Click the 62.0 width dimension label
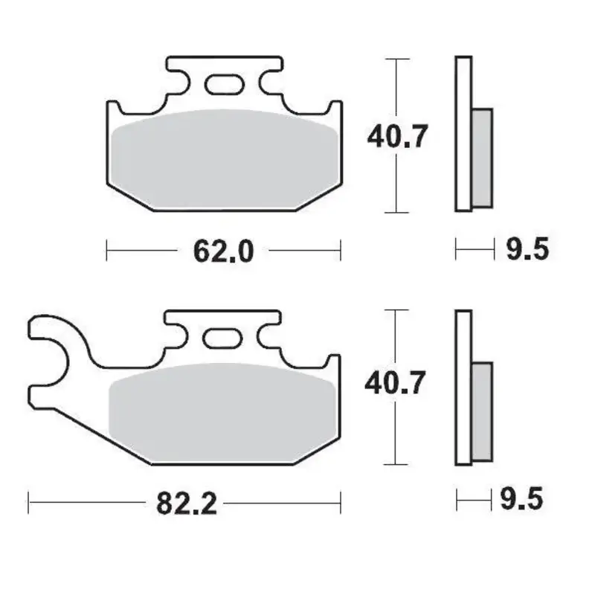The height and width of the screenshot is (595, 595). pos(224,251)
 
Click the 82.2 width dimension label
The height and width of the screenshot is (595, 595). pos(187,504)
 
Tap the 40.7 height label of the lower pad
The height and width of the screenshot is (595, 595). pos(397,384)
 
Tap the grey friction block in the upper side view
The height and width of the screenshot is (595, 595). pos(483,158)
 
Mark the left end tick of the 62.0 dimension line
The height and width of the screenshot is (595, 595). pos(107,251)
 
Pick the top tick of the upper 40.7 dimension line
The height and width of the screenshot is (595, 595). pos(398,58)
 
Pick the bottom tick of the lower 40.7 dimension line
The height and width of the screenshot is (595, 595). pos(398,464)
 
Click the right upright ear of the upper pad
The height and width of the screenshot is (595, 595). pos(335,112)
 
